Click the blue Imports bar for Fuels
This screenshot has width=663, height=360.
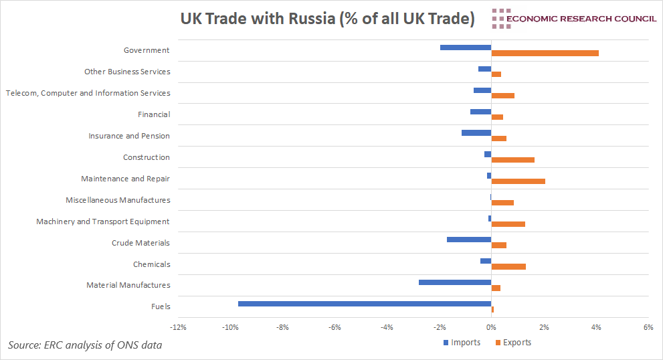pyautogui.click(x=365, y=304)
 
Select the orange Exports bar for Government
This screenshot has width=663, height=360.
pyautogui.click(x=545, y=53)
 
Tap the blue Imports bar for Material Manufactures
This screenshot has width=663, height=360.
pyautogui.click(x=455, y=282)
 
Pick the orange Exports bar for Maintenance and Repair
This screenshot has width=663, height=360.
pyautogui.click(x=518, y=181)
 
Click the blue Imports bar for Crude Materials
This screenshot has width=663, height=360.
pyautogui.click(x=469, y=240)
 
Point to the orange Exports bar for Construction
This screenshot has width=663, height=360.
pyautogui.click(x=512, y=160)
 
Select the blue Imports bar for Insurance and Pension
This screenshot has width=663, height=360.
pyautogui.click(x=476, y=132)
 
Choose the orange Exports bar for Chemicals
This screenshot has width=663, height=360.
pyautogui.click(x=508, y=266)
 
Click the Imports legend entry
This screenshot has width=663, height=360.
pyautogui.click(x=462, y=343)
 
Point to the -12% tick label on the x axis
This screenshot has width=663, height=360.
pyautogui.click(x=178, y=328)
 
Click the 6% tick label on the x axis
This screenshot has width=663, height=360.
pyautogui.click(x=648, y=328)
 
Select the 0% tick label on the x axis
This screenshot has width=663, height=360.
pyautogui.click(x=491, y=328)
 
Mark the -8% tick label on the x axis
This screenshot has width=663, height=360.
pyautogui.click(x=282, y=328)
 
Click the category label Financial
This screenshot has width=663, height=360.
pyautogui.click(x=154, y=114)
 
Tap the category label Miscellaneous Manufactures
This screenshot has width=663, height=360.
pyautogui.click(x=118, y=200)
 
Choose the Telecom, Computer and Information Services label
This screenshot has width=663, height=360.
pyautogui.click(x=88, y=93)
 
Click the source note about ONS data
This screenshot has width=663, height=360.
pyautogui.click(x=85, y=345)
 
